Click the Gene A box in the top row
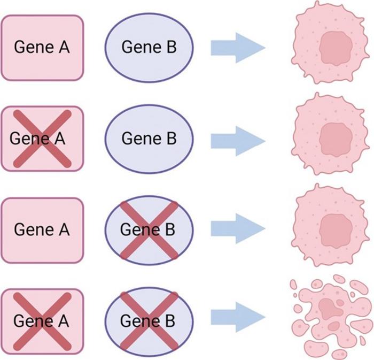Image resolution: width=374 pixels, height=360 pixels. [x=42, y=48]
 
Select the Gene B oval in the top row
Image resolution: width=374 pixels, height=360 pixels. [x=149, y=48]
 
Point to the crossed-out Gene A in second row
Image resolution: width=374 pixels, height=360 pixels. [x=42, y=139]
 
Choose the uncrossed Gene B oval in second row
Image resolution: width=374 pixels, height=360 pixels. [x=149, y=139]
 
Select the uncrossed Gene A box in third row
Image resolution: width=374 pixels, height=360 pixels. [x=42, y=230]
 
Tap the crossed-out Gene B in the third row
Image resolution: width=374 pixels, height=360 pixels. [x=149, y=230]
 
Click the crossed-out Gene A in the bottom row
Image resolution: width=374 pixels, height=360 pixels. [x=42, y=321]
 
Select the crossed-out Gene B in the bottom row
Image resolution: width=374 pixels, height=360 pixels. [x=149, y=321]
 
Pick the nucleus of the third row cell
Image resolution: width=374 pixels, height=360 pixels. [x=336, y=231]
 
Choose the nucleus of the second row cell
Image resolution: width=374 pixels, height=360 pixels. [x=336, y=140]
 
